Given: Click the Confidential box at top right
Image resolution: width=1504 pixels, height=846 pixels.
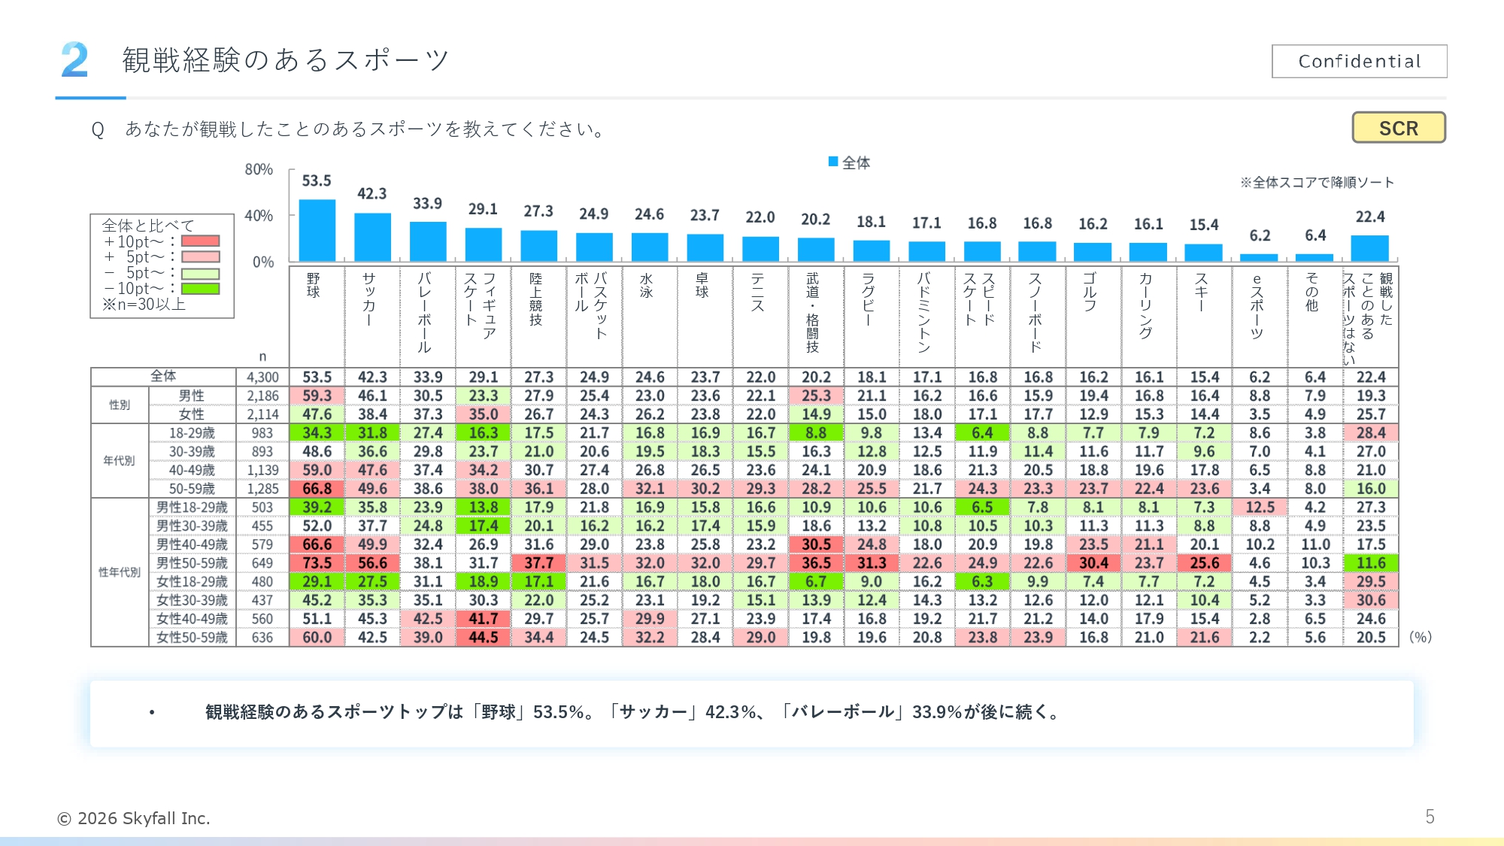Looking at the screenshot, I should point(1359,61).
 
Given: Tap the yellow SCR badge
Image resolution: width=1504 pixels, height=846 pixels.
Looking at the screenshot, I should point(1398,128).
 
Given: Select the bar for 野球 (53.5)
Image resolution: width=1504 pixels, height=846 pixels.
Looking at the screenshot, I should point(317,230).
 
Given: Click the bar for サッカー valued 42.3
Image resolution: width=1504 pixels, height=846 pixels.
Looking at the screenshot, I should point(372,237).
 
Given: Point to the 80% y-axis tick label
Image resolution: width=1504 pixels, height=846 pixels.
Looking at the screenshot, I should point(259,169).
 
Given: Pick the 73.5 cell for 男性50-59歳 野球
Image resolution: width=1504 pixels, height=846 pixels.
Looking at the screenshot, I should point(317,562).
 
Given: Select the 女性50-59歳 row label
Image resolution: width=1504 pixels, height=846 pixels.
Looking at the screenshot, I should point(192,637).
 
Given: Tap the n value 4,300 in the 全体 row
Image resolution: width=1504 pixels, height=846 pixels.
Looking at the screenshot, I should point(262,377).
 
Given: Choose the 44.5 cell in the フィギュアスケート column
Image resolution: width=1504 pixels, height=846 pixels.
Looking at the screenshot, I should point(483,637).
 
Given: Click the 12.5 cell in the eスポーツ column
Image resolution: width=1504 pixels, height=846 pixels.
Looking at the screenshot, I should point(1260,507).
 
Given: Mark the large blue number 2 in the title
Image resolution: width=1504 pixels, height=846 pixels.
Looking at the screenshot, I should point(74,60).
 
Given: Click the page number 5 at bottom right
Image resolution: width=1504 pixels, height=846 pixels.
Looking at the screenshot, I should point(1430,817).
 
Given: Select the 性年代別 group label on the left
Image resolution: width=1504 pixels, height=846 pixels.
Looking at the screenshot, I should point(120,572).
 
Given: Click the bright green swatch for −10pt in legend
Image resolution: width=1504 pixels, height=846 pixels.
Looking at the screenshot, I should point(200,289).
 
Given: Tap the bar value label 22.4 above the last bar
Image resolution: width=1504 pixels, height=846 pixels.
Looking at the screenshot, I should point(1369,217).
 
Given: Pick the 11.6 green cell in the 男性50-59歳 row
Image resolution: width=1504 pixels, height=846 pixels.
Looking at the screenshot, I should point(1370,562).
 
